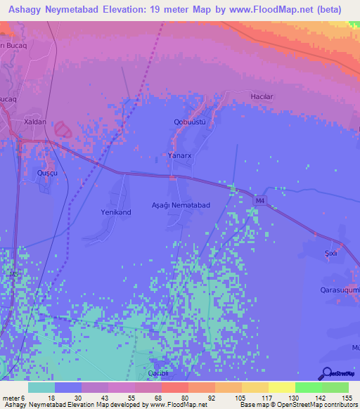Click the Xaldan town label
(34, 122)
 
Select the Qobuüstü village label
(189, 122)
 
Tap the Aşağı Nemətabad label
(181, 204)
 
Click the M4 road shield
(260, 201)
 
